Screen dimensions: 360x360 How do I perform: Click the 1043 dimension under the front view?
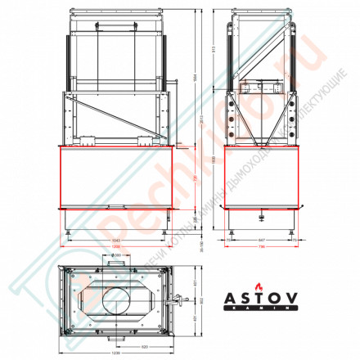coord(119,240)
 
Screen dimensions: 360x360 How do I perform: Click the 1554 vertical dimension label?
coord(194,78)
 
